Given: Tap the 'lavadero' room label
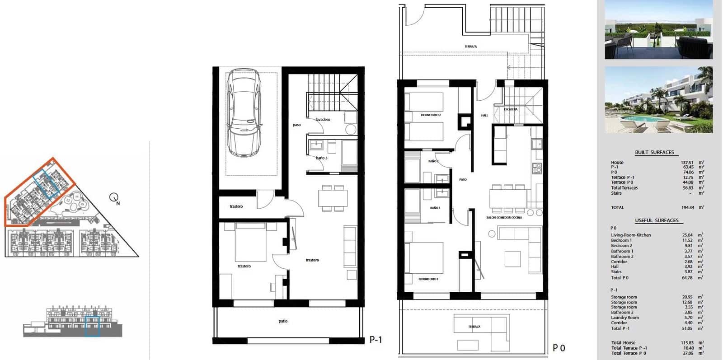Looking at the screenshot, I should tap(323, 120).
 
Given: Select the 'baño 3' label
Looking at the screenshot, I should tap(321, 158).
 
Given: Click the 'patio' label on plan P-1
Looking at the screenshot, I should tap(283, 322).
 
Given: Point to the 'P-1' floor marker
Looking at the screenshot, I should tap(376, 340).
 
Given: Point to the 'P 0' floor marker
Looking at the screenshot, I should tap(559, 348).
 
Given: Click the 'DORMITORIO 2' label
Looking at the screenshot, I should tap(430, 115).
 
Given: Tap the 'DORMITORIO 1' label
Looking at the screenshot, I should tap(428, 279).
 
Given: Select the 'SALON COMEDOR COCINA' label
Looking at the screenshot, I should tap(504, 218).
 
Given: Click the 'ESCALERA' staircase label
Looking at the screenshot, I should tap(511, 109).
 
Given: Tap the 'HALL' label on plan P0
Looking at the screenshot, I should tap(484, 116).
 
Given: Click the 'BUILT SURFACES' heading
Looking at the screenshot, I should tap(654, 153).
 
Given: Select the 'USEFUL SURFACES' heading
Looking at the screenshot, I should tap(657, 220).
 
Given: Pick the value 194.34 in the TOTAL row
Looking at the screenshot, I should tap(687, 208).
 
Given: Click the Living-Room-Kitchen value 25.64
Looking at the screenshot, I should tap(687, 235).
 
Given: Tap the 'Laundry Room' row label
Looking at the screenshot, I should tap(625, 318).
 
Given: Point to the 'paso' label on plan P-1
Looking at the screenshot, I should tap(296, 125).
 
